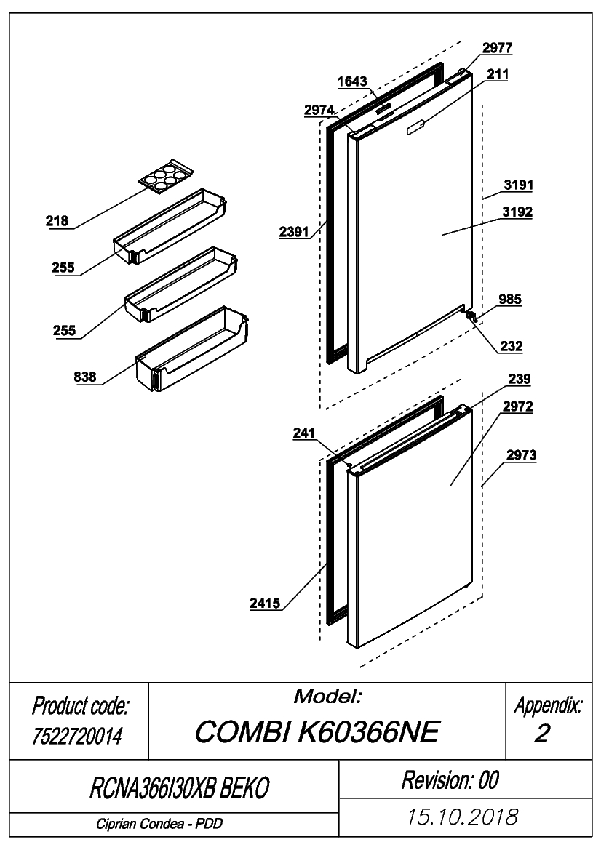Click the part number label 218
click(x=57, y=220)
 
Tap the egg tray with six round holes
click(x=166, y=176)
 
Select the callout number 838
click(x=85, y=377)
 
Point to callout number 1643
click(x=352, y=81)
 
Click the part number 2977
click(x=498, y=48)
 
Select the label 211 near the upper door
click(x=498, y=73)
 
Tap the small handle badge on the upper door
click(x=416, y=127)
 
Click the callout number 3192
click(x=517, y=212)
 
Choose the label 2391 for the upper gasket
click(x=294, y=232)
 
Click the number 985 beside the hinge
click(x=510, y=300)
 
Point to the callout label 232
click(x=511, y=346)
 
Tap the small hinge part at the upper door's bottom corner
click(x=470, y=315)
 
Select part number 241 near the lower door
click(x=303, y=433)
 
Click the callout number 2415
click(x=265, y=603)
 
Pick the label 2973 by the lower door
click(x=521, y=455)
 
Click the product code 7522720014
click(x=77, y=736)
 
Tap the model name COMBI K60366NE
click(x=317, y=732)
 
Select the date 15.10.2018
click(x=463, y=817)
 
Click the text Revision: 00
click(x=450, y=780)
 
